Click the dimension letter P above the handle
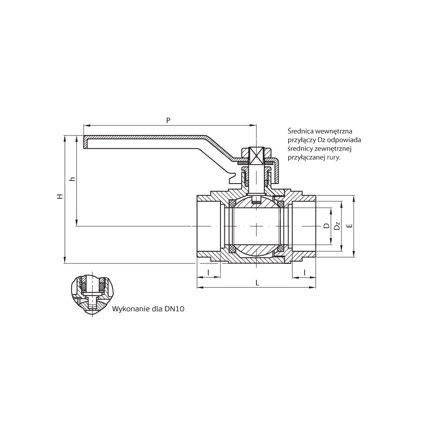(x=168, y=120)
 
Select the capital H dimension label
(x=60, y=197)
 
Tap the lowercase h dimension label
(x=73, y=179)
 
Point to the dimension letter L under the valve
(x=257, y=283)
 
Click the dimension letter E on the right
(x=350, y=226)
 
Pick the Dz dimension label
(x=337, y=226)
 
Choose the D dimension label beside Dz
(x=327, y=226)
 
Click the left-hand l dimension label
(x=208, y=273)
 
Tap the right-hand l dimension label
(x=305, y=273)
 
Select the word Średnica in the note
(x=300, y=131)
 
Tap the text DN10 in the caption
(x=174, y=309)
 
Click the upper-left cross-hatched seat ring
(x=233, y=204)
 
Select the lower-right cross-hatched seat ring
(x=281, y=248)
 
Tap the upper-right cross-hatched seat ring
(x=281, y=204)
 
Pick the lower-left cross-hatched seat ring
(x=233, y=248)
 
